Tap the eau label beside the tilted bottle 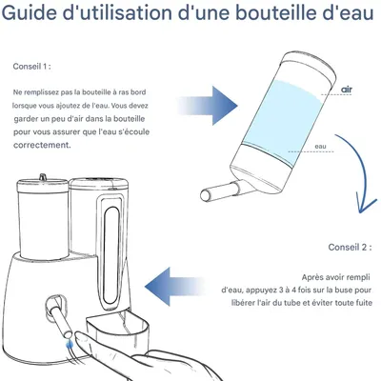(322, 148)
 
